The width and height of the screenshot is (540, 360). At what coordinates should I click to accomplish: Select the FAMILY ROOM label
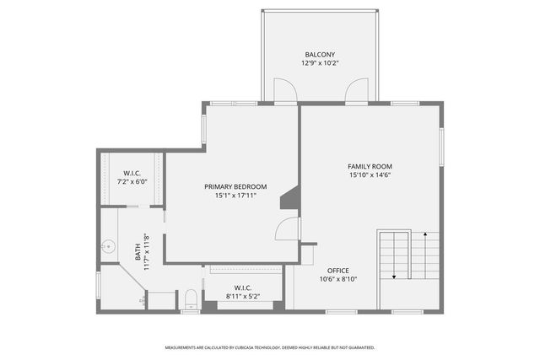370,166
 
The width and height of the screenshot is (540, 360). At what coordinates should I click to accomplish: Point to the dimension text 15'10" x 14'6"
370,175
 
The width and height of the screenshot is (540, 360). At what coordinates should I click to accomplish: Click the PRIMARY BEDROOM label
235,186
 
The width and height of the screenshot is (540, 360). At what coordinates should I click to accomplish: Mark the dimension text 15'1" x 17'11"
235,196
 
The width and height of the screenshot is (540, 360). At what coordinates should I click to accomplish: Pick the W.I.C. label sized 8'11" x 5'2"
244,287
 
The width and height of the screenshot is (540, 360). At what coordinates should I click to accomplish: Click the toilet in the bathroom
191,298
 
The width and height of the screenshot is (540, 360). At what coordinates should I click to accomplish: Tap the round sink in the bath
107,247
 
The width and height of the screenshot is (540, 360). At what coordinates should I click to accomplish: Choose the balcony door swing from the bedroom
285,91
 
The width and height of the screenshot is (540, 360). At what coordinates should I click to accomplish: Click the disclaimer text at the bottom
269,347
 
